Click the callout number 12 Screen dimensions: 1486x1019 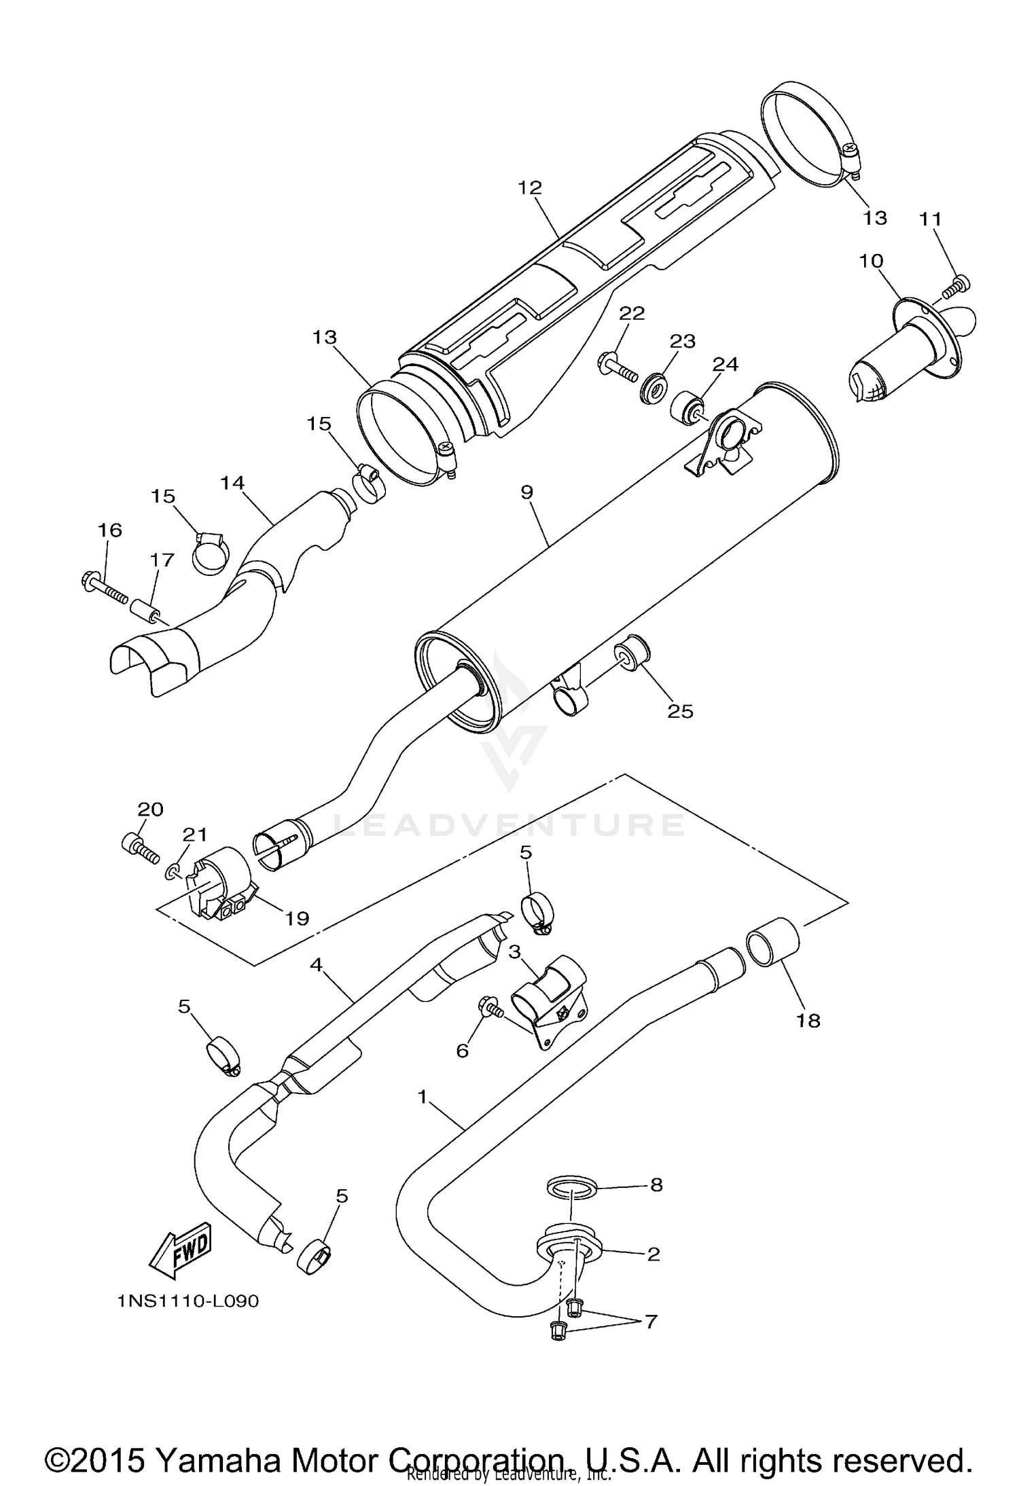pyautogui.click(x=530, y=188)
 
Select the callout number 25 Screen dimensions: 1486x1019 pyautogui.click(x=680, y=711)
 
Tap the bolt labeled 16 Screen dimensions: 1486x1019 pyautogui.click(x=105, y=588)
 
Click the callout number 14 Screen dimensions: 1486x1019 pyautogui.click(x=232, y=483)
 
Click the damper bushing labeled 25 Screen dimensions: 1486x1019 pyautogui.click(x=633, y=653)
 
